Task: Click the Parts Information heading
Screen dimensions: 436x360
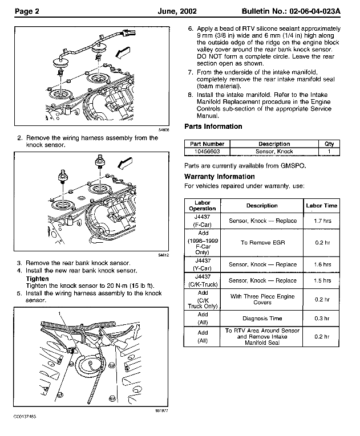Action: click(213, 127)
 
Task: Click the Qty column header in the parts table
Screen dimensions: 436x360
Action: click(329, 144)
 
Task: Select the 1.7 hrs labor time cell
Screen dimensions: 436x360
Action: click(322, 220)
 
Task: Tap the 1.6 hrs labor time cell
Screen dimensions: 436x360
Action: click(322, 264)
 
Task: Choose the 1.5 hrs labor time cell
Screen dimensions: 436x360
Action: click(322, 280)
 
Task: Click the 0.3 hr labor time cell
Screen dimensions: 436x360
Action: click(322, 319)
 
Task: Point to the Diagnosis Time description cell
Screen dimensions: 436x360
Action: click(262, 319)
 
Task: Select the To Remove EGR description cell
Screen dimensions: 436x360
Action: click(262, 242)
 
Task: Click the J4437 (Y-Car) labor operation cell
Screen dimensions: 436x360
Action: click(203, 264)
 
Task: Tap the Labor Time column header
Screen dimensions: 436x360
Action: click(322, 206)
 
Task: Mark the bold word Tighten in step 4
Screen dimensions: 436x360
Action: click(38, 278)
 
